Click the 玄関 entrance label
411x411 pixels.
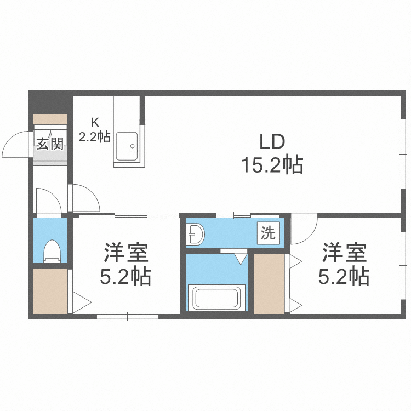tap(50, 144)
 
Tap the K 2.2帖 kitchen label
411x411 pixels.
tap(94, 130)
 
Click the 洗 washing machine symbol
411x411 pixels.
tap(268, 233)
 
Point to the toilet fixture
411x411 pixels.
tap(52, 250)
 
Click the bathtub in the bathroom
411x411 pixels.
tap(216, 298)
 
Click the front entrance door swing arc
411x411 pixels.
tap(15, 145)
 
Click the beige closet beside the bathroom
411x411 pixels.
tap(269, 283)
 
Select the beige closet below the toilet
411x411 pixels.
tap(50, 291)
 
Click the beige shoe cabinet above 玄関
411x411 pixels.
tap(50, 119)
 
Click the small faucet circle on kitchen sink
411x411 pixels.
tap(132, 146)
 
